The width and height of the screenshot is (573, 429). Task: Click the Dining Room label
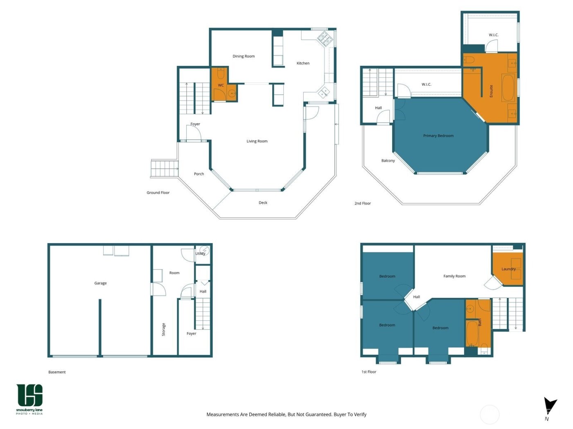244,56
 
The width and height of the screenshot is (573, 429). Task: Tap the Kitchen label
303,63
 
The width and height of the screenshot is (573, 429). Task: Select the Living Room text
257,141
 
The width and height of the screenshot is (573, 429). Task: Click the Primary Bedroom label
438,136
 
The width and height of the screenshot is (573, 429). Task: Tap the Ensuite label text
491,91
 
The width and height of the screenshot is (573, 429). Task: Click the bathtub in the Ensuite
508,87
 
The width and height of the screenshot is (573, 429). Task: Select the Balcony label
388,161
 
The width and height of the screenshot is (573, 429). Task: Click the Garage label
100,283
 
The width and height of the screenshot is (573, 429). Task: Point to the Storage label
163,329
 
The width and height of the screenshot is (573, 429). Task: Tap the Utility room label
200,254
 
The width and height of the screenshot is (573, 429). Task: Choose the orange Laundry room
508,269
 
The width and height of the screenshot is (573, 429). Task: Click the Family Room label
454,276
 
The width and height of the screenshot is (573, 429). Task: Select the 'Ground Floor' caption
158,193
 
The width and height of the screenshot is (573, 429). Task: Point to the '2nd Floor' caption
363,203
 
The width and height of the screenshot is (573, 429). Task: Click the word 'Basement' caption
57,372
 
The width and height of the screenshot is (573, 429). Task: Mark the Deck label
263,203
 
